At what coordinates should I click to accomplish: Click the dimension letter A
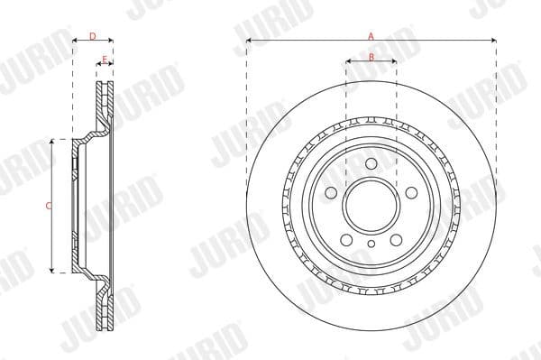371,34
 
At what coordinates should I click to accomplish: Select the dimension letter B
371,57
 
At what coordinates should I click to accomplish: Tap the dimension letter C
47,206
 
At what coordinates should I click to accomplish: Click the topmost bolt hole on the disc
371,162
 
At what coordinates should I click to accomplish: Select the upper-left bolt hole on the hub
330,192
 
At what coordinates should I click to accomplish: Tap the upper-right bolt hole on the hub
411,192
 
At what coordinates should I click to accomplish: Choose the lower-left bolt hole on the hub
345,239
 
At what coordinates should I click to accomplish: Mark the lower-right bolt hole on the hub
396,239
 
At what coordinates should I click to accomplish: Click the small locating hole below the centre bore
371,244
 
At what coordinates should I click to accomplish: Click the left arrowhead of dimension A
249,41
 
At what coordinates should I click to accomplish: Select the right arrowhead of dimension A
493,41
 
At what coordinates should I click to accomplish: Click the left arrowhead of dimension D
75,41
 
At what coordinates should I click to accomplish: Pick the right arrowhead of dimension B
394,63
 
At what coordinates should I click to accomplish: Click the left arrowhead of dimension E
99,65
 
